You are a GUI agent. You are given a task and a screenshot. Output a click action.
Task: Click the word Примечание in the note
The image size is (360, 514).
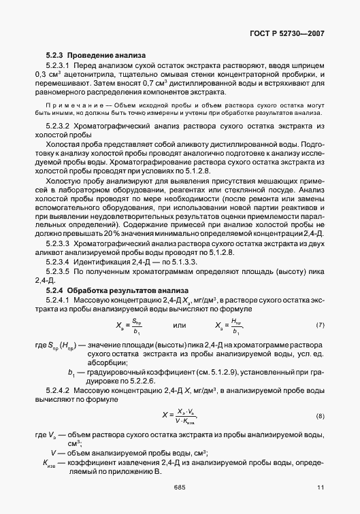point(73,106)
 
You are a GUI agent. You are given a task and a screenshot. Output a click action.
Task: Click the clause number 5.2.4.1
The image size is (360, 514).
point(59,299)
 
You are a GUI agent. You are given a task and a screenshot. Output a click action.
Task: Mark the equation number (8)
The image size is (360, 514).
point(321,415)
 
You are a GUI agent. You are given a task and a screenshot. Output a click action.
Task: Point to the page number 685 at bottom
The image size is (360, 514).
point(180,487)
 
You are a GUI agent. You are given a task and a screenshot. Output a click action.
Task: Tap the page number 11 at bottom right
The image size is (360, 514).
point(321,487)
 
